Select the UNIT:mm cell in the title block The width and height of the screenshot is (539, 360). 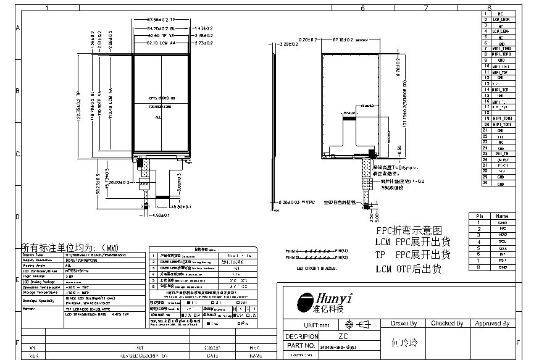307,324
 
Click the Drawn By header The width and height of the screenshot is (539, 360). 404,324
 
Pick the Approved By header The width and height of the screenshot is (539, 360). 491,324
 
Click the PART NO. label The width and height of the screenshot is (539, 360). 301,346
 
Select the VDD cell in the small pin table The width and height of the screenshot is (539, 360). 502,235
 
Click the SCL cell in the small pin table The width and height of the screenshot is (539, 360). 502,241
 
